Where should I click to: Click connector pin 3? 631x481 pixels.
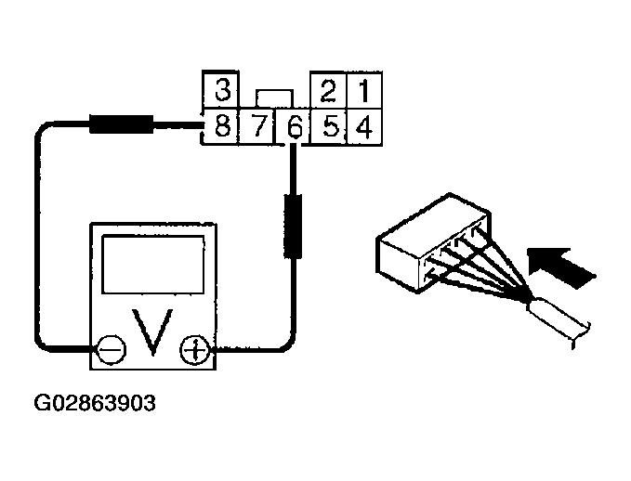click(x=222, y=91)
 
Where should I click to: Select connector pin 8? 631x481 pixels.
click(x=221, y=126)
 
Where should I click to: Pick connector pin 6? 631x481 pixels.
click(x=292, y=126)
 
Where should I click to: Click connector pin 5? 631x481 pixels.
click(x=327, y=126)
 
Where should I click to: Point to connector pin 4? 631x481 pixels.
click(x=363, y=126)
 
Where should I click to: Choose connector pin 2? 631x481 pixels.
click(x=327, y=91)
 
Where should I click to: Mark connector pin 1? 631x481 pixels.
click(x=363, y=91)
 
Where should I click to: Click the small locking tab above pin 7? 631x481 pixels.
click(x=274, y=97)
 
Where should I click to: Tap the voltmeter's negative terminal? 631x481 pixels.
click(x=111, y=350)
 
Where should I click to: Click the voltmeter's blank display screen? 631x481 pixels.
click(x=151, y=263)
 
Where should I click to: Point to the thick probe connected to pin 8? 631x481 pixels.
click(x=121, y=124)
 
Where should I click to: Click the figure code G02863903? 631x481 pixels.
click(x=95, y=405)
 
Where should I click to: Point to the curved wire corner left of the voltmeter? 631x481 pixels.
click(x=44, y=139)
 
